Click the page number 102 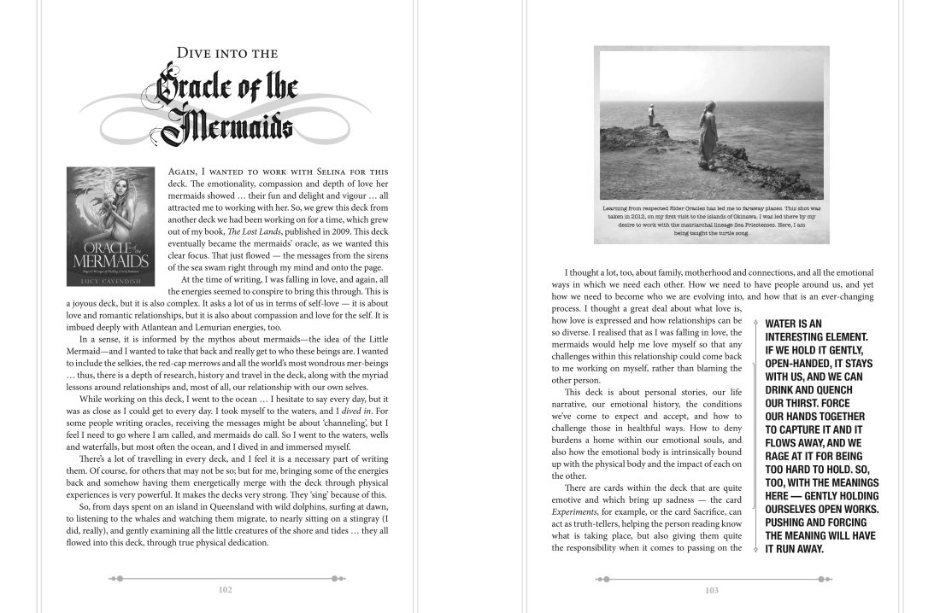coord(226,589)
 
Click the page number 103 coord(712,589)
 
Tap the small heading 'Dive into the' coord(226,54)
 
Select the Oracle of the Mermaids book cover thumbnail coord(112,226)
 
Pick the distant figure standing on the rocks coord(650,114)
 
